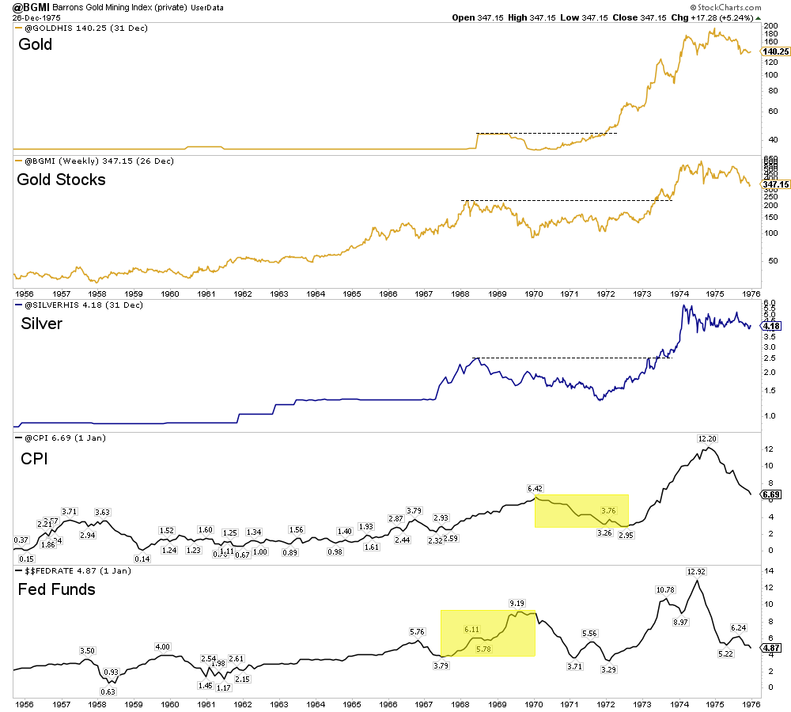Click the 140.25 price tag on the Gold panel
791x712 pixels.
(x=774, y=51)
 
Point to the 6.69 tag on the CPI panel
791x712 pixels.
(x=771, y=495)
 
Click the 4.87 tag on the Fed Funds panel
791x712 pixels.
(x=771, y=647)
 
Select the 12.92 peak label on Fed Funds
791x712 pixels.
(x=696, y=571)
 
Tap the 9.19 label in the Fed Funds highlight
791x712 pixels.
(x=518, y=604)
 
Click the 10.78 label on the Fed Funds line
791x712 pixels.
(x=667, y=589)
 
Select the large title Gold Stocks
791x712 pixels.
(x=61, y=180)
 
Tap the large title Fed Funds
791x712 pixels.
(x=56, y=589)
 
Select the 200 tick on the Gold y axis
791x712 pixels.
(x=770, y=25)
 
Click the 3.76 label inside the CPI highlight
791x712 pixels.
(x=609, y=510)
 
